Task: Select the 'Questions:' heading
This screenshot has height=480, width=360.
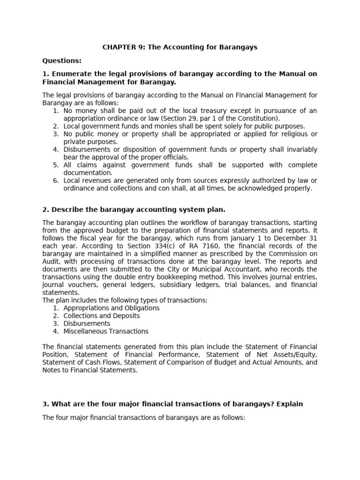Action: click(x=62, y=60)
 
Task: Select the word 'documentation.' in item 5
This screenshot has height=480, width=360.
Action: click(x=88, y=172)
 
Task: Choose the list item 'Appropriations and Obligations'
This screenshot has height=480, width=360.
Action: click(x=112, y=308)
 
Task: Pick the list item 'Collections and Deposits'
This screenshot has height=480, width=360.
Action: click(x=101, y=316)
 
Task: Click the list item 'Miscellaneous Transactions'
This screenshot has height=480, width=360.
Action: click(x=105, y=331)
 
